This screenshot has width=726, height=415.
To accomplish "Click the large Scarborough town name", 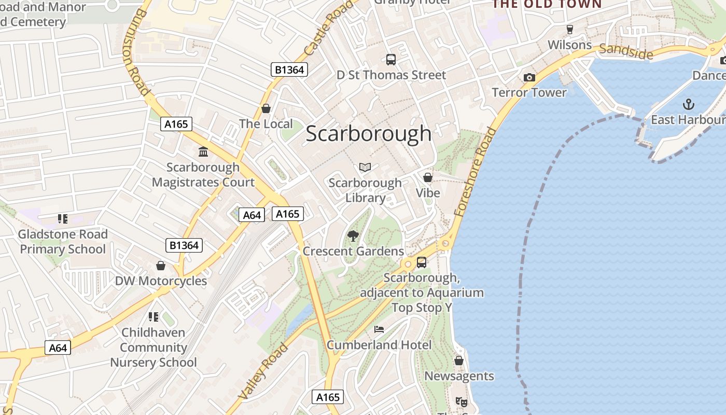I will tap(368, 134).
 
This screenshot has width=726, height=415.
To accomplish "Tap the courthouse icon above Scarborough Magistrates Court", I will tap(203, 152).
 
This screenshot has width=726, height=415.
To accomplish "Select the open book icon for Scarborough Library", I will tap(365, 167).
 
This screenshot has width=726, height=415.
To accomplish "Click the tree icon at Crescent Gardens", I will tap(353, 236).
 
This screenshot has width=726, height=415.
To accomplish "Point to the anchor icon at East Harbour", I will tap(688, 104).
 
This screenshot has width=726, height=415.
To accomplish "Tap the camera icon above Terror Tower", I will tap(529, 77).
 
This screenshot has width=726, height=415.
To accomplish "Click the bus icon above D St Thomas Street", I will tap(391, 60).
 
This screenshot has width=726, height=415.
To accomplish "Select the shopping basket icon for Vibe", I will tap(428, 178).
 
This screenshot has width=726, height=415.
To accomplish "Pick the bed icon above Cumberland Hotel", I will tap(379, 329).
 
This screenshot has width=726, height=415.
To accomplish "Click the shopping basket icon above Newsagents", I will tap(459, 361).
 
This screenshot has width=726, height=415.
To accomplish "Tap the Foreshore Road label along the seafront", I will tap(476, 171).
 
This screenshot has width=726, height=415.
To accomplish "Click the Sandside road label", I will tap(626, 51).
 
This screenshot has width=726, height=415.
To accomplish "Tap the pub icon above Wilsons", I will tap(570, 29).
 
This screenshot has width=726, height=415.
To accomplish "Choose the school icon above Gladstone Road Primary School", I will tap(63, 219).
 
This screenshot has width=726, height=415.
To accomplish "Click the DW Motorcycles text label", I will tap(161, 281).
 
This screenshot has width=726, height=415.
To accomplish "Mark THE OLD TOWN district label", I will tap(547, 4).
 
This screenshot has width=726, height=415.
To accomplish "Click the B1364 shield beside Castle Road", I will tap(289, 70).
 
